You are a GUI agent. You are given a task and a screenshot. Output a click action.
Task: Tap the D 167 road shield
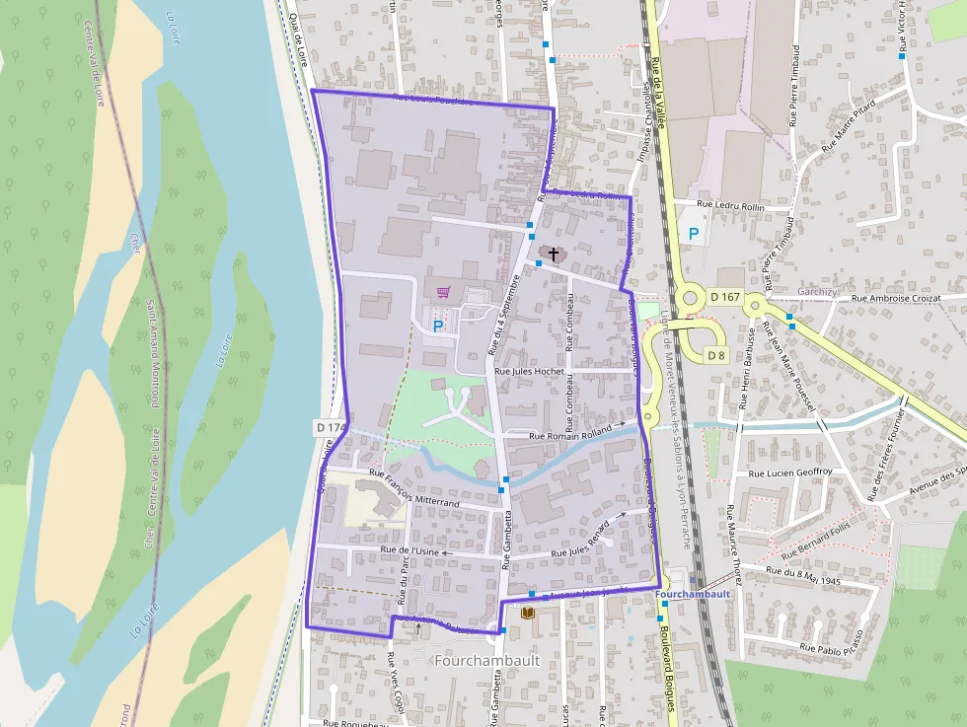point(724,296)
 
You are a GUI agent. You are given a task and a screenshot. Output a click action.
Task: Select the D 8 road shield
point(716,355)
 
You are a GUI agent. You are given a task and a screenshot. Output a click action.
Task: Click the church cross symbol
point(554,254)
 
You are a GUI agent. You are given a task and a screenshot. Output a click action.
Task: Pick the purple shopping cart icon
point(443,292)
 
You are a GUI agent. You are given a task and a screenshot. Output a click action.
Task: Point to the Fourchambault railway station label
point(692,595)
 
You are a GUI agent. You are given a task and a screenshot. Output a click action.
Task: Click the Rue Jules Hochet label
point(528,371)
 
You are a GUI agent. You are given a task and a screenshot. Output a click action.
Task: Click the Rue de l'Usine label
point(409,552)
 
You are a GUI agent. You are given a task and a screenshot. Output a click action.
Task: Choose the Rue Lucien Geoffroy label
point(791,473)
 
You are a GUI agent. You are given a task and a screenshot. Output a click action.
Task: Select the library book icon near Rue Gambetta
point(527,614)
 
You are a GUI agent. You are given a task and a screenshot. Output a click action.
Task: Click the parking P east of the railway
point(694,234)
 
